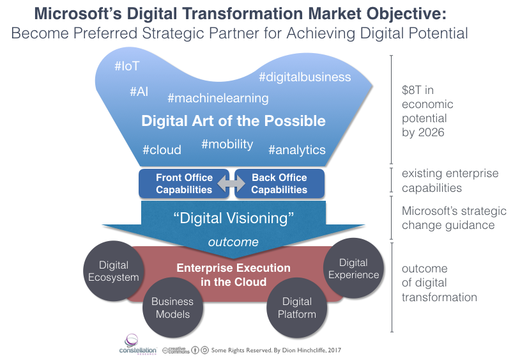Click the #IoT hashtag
pyautogui.click(x=126, y=67)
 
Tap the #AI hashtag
pyautogui.click(x=139, y=91)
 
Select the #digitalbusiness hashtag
pyautogui.click(x=305, y=77)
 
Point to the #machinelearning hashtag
pyautogui.click(x=218, y=98)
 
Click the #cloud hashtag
pyautogui.click(x=162, y=150)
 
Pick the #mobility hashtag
pyautogui.click(x=227, y=144)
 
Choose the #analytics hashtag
pyautogui.click(x=297, y=150)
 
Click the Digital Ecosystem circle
pyautogui.click(x=114, y=271)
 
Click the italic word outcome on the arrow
pyautogui.click(x=233, y=242)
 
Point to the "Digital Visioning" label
pyautogui.click(x=234, y=217)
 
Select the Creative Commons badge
pyautogui.click(x=175, y=350)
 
